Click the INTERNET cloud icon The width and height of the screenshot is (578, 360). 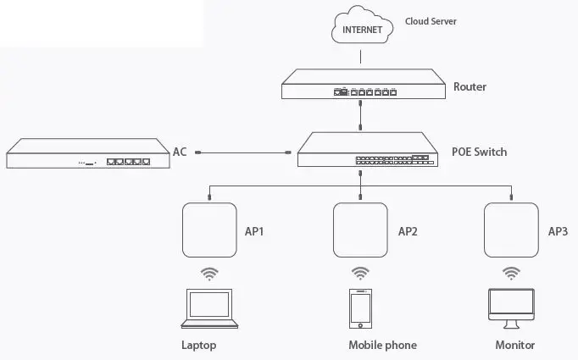pos(361,29)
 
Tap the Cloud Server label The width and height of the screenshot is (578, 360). pos(431,21)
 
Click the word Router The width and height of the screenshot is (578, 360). pos(470,86)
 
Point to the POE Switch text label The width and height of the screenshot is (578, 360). pos(480,152)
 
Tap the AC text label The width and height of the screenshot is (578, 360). pos(180,152)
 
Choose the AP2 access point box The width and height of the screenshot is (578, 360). pos(361,230)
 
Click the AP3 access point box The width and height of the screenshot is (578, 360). pos(511,230)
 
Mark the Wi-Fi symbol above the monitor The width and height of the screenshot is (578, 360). pos(511,273)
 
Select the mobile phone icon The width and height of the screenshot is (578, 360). pos(361,309)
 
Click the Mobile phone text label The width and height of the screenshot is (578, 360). pos(382,346)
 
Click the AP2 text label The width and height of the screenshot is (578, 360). pos(408,231)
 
